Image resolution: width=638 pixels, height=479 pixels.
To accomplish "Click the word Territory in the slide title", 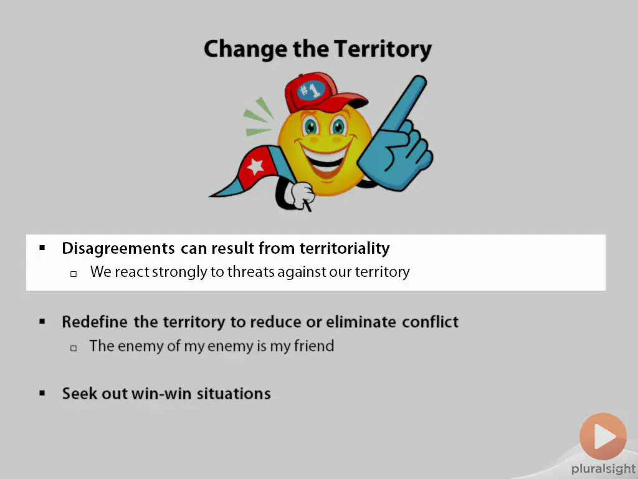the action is tap(383, 49).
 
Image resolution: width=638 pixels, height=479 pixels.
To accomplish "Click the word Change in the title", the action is tap(245, 49).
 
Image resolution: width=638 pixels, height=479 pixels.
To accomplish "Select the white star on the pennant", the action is tap(255, 166).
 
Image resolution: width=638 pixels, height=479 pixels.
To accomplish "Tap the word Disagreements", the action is tap(118, 248).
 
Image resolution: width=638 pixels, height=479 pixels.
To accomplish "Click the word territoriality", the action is tap(345, 248).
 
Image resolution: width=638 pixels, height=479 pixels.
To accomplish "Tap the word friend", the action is tap(314, 346).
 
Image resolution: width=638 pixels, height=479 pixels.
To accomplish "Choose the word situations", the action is tap(234, 394).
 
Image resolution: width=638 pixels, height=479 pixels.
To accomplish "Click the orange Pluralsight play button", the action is tap(603, 437).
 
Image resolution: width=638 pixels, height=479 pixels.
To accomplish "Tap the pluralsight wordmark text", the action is tap(603, 469).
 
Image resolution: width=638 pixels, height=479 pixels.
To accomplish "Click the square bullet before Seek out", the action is tap(42, 394).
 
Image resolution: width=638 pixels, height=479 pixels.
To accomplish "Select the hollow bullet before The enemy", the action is tap(74, 348).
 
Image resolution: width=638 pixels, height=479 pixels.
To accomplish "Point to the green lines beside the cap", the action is tap(259, 117).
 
